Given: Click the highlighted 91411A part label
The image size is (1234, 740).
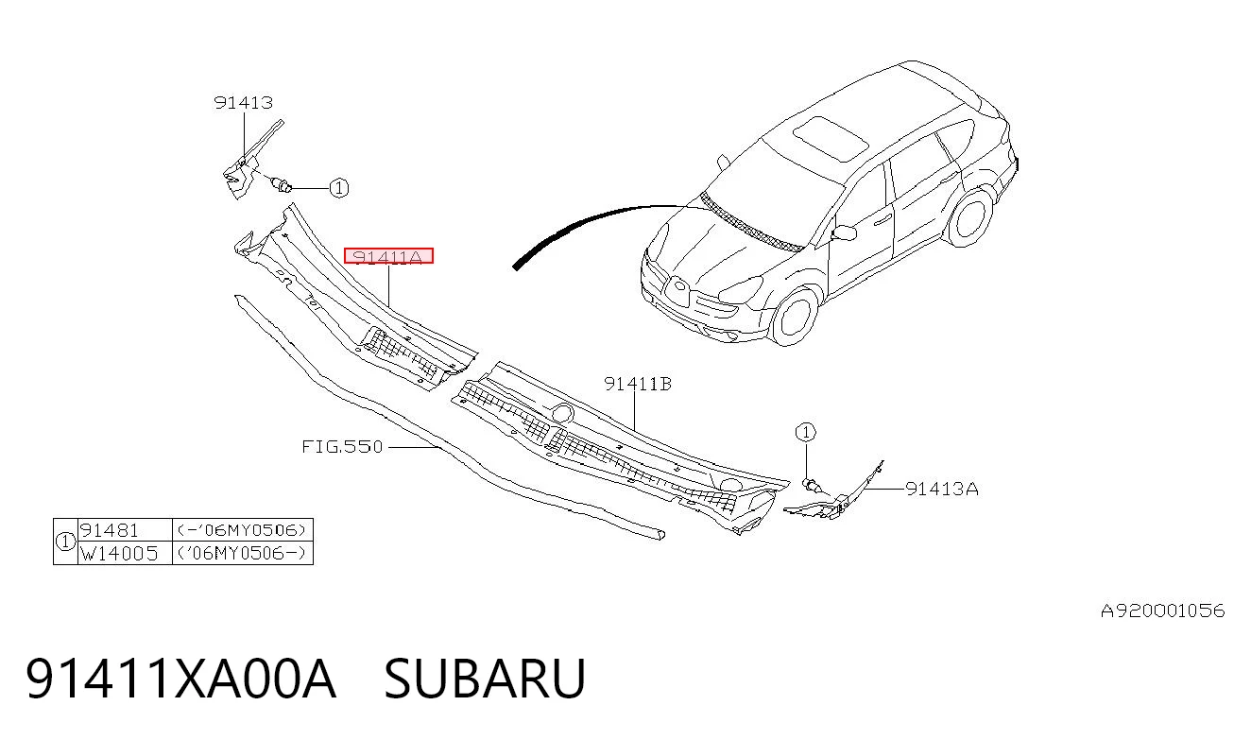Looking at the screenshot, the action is [388, 256].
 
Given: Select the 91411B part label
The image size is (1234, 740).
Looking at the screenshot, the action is [638, 384].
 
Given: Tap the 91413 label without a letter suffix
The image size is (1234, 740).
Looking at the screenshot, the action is [244, 102].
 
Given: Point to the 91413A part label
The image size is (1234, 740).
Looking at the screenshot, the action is [942, 489].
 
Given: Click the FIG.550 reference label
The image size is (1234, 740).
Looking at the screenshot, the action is [342, 446].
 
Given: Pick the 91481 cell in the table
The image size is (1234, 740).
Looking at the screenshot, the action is [110, 530].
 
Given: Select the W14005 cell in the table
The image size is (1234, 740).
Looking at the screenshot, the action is [119, 553].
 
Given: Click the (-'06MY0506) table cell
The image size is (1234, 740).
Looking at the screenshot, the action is [242, 530].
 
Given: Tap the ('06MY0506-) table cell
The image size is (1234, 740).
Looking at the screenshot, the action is [242, 553].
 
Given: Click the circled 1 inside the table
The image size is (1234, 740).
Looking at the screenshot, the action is [65, 542].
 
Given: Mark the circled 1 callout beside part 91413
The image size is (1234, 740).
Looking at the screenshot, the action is [339, 188].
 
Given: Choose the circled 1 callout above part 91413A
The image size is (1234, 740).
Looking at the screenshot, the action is [805, 433].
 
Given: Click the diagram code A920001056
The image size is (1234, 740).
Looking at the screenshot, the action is [1162, 611].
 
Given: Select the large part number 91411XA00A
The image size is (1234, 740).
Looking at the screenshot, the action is [180, 679].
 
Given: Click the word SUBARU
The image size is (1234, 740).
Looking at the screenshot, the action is [485, 679].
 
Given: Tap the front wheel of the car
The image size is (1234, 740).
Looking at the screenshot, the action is [795, 317].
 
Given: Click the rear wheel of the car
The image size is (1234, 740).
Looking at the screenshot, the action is [970, 216].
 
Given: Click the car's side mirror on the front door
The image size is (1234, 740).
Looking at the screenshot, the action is [844, 233].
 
